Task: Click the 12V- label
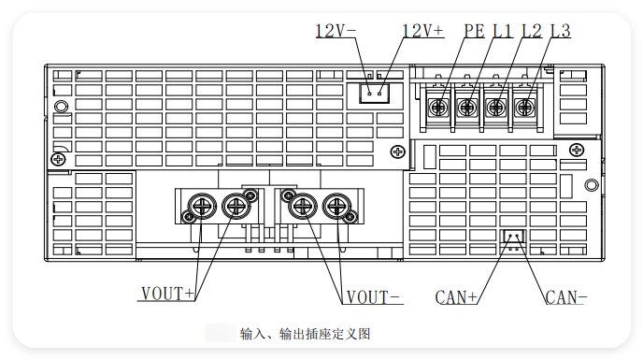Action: click(x=336, y=31)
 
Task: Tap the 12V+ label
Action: click(x=422, y=31)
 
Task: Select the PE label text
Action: click(x=474, y=31)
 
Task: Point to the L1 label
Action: click(x=503, y=31)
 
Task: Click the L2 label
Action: click(x=532, y=31)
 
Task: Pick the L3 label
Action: click(x=560, y=31)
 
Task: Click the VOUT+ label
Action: click(x=167, y=294)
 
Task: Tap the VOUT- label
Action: click(x=373, y=297)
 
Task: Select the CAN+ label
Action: click(x=456, y=297)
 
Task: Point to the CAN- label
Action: click(x=566, y=297)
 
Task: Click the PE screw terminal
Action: click(x=438, y=108)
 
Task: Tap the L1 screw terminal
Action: click(x=466, y=108)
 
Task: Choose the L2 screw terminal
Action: click(x=495, y=108)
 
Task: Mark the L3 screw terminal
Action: click(x=524, y=108)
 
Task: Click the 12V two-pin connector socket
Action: click(x=375, y=94)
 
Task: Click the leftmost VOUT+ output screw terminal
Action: click(x=202, y=206)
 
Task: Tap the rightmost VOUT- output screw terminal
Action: click(x=337, y=206)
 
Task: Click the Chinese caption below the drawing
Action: click(x=305, y=334)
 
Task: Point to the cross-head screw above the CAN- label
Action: click(x=577, y=150)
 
